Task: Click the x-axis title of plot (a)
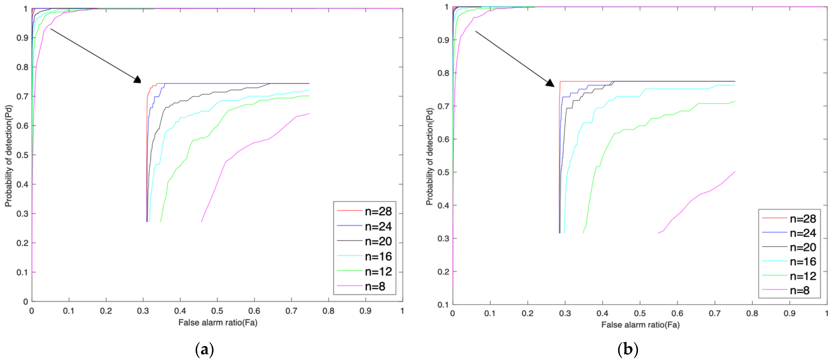point(218,322)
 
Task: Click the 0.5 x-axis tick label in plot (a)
point(217,311)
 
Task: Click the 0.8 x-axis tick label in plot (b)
point(752,313)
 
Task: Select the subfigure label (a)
point(204,350)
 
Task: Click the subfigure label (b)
point(628,350)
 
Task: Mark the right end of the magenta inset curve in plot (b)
point(735,172)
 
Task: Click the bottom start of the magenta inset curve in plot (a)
point(202,221)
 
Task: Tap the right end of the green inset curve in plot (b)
point(735,101)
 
